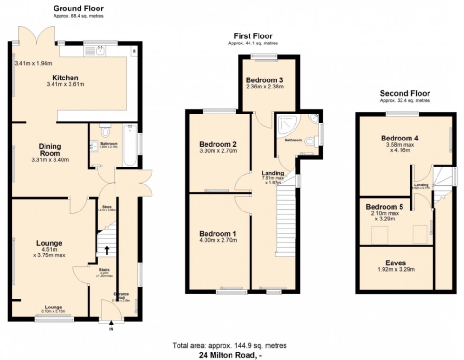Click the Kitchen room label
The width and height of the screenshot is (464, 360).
coord(66,78)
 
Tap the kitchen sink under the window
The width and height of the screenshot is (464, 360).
coord(100,51)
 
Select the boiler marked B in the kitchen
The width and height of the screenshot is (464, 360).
coord(134,51)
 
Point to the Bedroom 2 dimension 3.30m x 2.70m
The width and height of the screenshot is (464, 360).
coord(218,151)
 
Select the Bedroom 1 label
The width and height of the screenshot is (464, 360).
coord(218,234)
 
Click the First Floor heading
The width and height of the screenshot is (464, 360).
coord(253,36)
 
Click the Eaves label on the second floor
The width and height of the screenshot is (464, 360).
coord(395,263)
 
